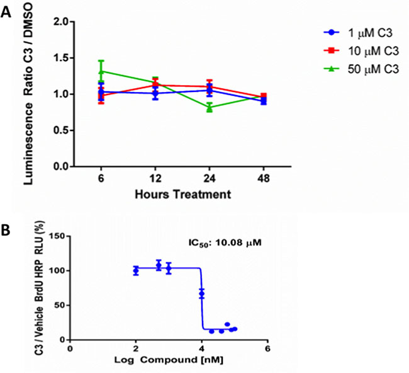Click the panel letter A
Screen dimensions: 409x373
[x=6, y=11]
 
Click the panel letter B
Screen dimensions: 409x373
[x=5, y=230]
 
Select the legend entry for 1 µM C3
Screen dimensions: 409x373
[x=357, y=33]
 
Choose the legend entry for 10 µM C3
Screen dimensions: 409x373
[x=361, y=51]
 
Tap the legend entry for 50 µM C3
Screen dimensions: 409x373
[x=361, y=69]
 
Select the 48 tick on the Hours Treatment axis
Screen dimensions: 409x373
[x=264, y=179]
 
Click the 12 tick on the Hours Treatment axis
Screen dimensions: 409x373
[x=155, y=179]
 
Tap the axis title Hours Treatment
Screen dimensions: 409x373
[x=183, y=195]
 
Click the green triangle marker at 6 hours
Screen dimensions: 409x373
[x=101, y=71]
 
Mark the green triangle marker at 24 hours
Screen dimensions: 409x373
[x=210, y=108]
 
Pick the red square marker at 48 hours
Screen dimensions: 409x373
[x=264, y=96]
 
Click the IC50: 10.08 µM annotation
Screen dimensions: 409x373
[x=225, y=243]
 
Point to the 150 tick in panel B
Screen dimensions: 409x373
[x=57, y=236]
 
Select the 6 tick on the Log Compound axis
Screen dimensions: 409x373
[x=267, y=348]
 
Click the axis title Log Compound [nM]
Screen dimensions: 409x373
[x=169, y=360]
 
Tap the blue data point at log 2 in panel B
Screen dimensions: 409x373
[x=136, y=270]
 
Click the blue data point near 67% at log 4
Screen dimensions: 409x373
[x=201, y=294]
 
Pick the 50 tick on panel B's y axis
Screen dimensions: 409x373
[x=60, y=305]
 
